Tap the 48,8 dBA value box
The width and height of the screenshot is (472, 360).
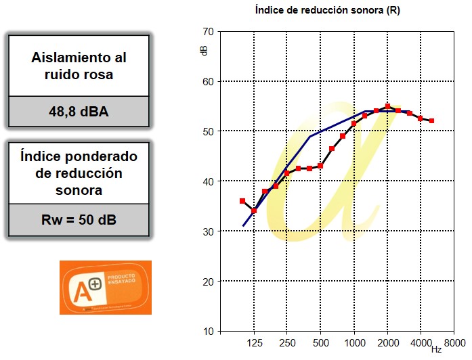click(79, 111)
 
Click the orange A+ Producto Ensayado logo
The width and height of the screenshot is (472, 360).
click(106, 288)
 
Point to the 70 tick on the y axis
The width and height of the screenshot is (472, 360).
click(208, 32)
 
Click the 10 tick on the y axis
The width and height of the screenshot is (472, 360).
click(208, 332)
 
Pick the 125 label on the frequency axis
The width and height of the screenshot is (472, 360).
click(254, 342)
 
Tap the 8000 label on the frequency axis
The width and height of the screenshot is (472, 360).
click(454, 342)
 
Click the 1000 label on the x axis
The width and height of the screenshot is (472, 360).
click(354, 342)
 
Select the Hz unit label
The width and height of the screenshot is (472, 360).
click(437, 350)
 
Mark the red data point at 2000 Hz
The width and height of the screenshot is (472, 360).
click(387, 106)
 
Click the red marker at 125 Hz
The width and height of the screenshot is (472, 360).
click(254, 211)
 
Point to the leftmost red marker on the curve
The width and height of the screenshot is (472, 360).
click(242, 201)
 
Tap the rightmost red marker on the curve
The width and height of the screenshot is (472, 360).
click(431, 120)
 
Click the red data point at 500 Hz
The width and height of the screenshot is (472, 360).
click(320, 166)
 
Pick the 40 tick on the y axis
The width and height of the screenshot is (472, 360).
click(208, 181)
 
